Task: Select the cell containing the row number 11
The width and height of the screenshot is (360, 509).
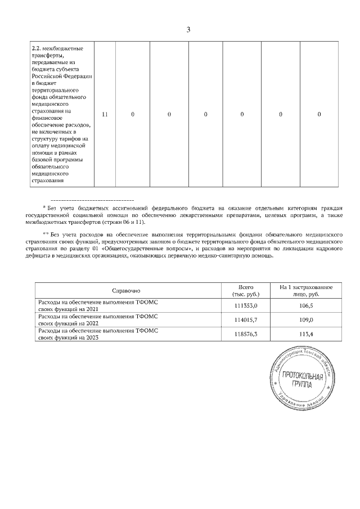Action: (105, 114)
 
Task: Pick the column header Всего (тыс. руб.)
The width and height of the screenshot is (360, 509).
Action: (245, 291)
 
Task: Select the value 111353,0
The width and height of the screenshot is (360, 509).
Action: (245, 305)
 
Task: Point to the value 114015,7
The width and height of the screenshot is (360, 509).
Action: (245, 319)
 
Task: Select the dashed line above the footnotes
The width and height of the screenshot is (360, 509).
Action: (92, 200)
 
